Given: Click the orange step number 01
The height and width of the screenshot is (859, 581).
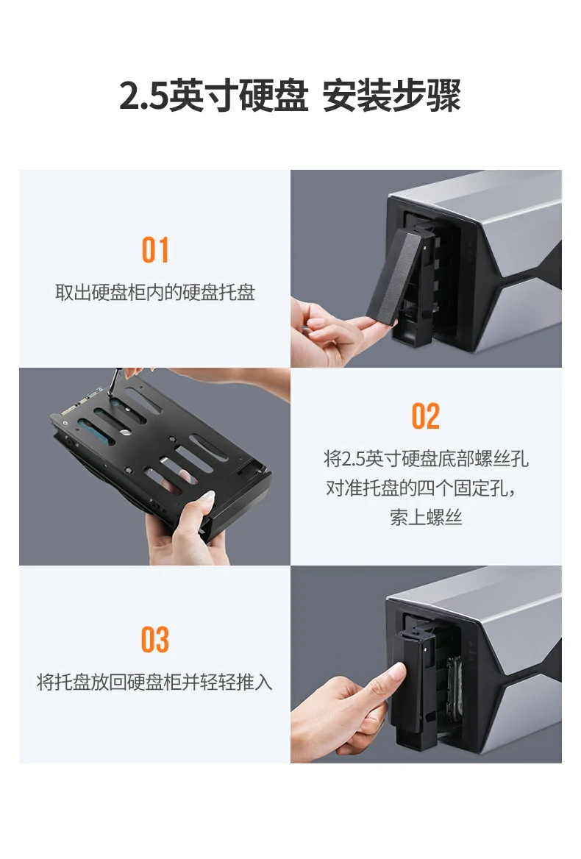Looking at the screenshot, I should [155, 251].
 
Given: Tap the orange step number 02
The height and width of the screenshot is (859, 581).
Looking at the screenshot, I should [425, 417].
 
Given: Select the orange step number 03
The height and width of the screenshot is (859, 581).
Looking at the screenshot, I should [155, 640].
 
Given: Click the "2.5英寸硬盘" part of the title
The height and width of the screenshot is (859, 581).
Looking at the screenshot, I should [213, 97].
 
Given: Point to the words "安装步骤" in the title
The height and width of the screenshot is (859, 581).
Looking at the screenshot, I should [392, 97].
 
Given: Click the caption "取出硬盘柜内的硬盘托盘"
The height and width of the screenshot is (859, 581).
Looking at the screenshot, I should [155, 293].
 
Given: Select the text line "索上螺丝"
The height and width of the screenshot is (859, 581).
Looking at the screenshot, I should [426, 518].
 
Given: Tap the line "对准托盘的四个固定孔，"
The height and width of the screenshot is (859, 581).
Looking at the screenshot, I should [426, 488].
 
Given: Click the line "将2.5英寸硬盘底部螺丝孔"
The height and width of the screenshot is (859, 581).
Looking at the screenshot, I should [426, 460].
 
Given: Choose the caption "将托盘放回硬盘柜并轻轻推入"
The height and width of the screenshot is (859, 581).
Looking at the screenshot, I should [155, 682].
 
